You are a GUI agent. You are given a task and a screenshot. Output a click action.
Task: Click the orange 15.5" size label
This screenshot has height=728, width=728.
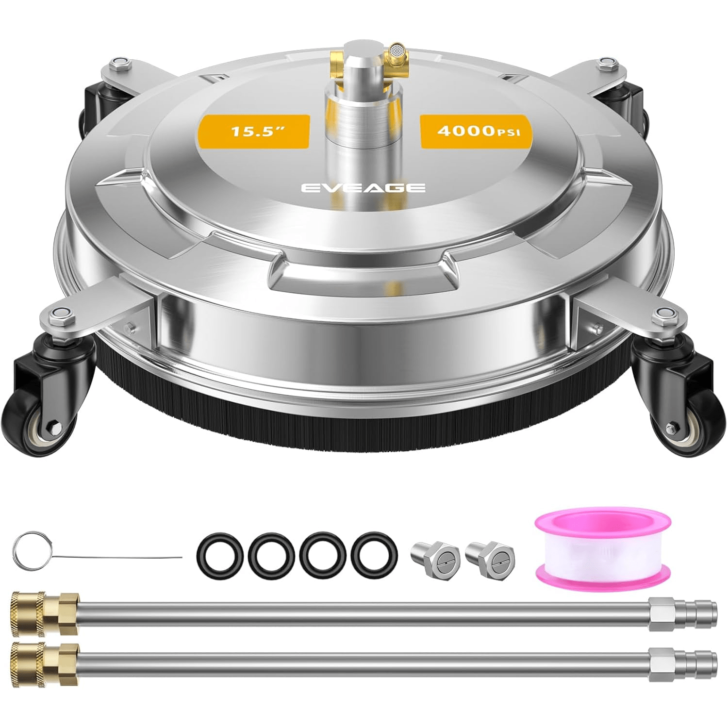pyautogui.click(x=254, y=131)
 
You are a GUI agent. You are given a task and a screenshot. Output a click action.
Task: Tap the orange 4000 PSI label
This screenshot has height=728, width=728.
pyautogui.click(x=476, y=131)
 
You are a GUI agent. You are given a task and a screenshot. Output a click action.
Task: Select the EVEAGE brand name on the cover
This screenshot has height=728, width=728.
pyautogui.click(x=363, y=188)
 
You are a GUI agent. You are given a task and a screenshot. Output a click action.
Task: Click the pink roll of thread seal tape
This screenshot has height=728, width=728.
pyautogui.click(x=603, y=545)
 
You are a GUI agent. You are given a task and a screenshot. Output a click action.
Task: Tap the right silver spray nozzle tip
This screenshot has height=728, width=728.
pyautogui.click(x=490, y=560)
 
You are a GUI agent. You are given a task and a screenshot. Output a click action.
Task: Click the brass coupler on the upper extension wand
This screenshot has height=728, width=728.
pyautogui.click(x=44, y=613)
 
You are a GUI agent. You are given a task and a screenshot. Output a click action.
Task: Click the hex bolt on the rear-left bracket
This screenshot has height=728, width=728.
pyautogui.click(x=118, y=63)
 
